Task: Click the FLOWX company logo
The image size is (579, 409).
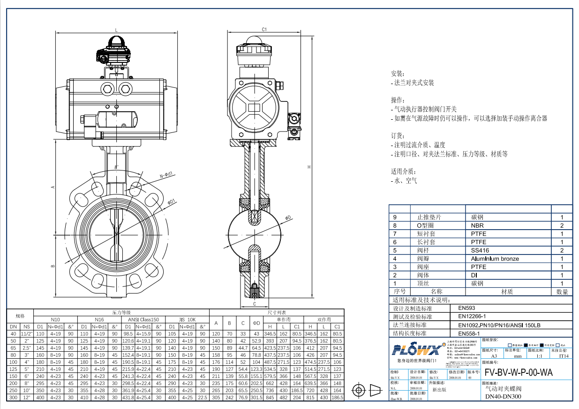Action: pos(416,350)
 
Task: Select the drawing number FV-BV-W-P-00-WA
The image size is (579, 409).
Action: pos(519,372)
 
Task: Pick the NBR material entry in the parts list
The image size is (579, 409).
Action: pos(478,225)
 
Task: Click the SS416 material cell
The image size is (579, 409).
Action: pos(480,250)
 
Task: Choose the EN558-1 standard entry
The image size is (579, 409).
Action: pos(469,333)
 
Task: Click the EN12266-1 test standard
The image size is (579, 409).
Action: pos(472,316)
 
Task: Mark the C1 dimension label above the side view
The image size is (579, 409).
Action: pos(264,29)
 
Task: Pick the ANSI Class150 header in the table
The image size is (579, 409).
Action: pos(143,319)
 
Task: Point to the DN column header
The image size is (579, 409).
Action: pos(14,327)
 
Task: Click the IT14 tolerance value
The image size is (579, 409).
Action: pos(564,356)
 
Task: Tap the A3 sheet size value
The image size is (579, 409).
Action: pos(494,356)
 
